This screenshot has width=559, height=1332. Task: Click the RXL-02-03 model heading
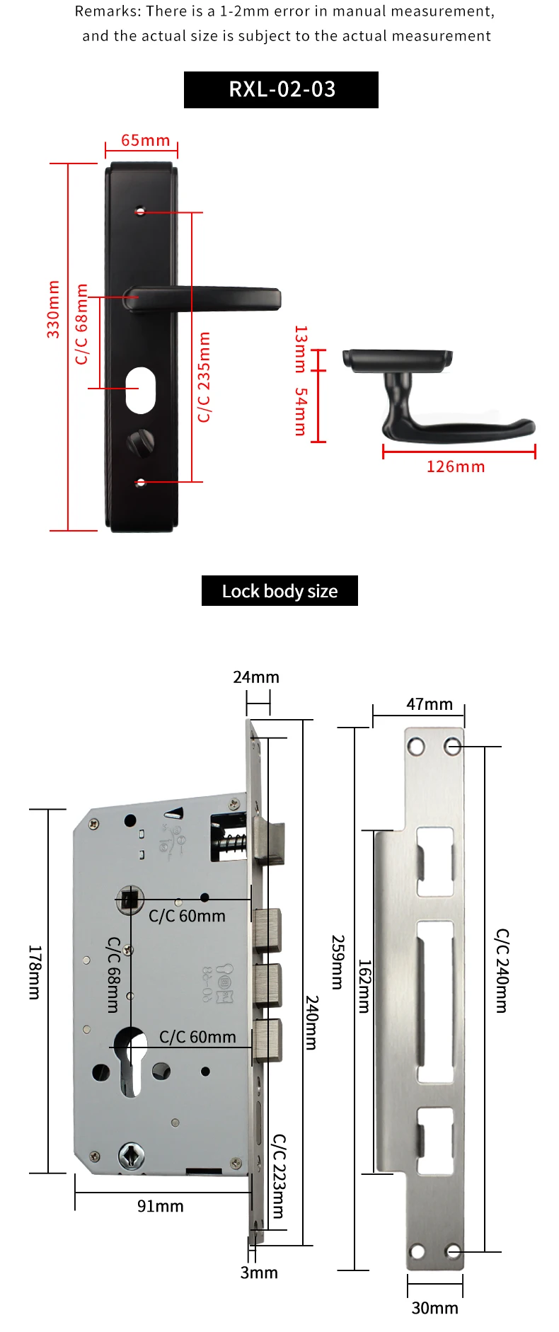(282, 90)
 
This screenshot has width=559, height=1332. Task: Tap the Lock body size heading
(279, 591)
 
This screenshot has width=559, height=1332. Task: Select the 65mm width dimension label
(145, 140)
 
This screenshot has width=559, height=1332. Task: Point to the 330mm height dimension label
(53, 309)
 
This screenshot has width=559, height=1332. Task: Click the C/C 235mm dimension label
(204, 377)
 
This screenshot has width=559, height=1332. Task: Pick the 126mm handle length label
(456, 466)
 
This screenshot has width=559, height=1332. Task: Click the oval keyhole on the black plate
(140, 389)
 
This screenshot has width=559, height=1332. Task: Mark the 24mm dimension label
(256, 677)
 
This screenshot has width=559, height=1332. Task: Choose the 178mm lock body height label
(35, 972)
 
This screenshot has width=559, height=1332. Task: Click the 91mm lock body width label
(161, 1206)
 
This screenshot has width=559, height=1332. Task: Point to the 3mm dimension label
(259, 1273)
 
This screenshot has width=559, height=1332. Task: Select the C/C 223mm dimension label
(279, 1176)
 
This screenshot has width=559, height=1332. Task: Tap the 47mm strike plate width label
(430, 704)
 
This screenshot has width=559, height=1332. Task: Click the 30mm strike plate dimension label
(434, 1308)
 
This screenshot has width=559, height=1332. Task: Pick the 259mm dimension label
(338, 963)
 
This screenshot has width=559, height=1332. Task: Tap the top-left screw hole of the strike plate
(415, 747)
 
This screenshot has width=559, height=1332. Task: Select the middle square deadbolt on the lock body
(268, 984)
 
